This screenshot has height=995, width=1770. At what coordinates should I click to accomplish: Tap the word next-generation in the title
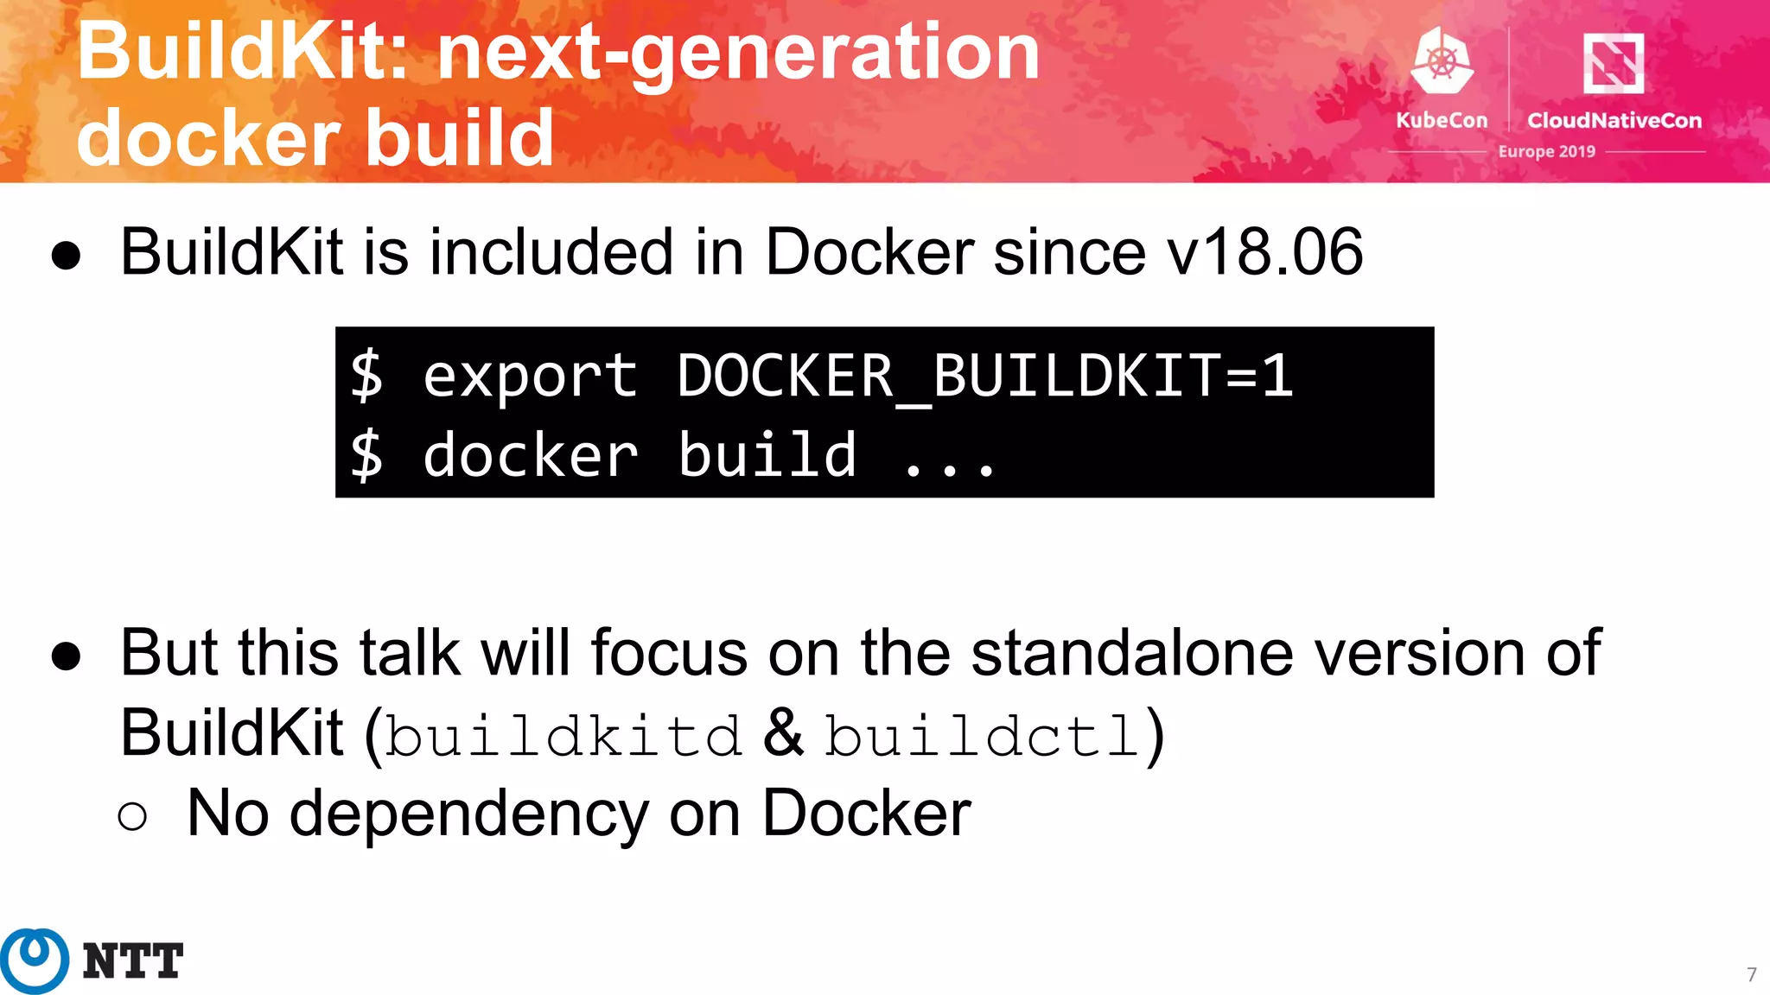[738, 54]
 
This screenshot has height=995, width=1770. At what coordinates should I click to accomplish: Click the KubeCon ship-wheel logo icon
[1442, 60]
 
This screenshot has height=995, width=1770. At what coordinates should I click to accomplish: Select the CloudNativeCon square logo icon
[1613, 62]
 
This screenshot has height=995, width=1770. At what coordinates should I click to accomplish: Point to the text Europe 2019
[1546, 152]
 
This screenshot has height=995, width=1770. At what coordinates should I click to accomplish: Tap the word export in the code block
[530, 377]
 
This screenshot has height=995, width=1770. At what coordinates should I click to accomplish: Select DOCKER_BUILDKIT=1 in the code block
[984, 377]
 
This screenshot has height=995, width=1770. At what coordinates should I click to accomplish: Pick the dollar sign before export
[366, 377]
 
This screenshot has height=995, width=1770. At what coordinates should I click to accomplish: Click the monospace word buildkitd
[563, 735]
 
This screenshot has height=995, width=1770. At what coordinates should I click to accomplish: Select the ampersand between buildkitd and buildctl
[783, 733]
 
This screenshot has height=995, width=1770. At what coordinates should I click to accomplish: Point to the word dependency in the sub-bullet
[468, 814]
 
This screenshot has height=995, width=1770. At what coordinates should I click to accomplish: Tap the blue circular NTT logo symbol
[35, 960]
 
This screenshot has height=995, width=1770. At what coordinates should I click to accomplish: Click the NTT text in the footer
[133, 961]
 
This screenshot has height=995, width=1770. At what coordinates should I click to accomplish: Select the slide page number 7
[1751, 975]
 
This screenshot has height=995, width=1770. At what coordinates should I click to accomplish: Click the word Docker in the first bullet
[869, 252]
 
